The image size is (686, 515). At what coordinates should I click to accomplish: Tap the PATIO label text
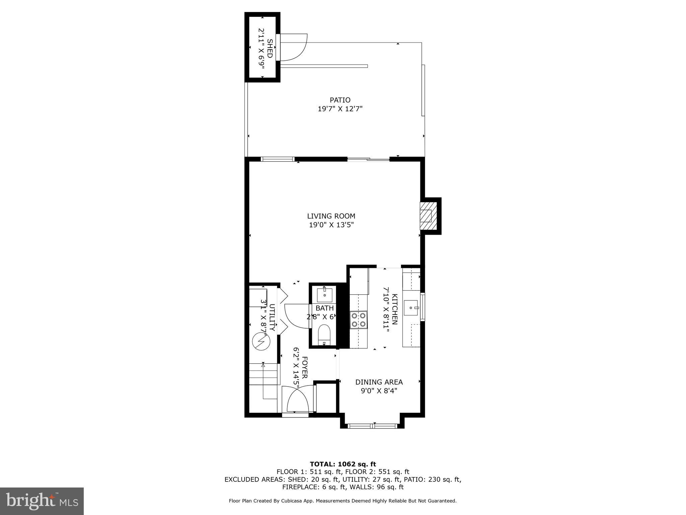340,100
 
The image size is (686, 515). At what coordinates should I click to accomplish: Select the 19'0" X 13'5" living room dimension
331,225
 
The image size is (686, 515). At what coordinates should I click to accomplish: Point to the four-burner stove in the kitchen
358,320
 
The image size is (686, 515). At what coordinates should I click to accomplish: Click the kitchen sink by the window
411,308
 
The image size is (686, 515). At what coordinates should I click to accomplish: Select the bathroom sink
325,294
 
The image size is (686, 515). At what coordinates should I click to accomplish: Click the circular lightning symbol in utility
261,342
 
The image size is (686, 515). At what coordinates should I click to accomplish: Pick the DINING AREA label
379,382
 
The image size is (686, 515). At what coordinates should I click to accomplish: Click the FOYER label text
304,367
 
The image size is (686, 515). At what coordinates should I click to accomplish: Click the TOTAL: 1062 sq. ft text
343,464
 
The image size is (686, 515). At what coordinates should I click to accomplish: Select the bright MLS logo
42,501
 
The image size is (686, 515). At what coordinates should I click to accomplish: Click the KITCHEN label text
395,309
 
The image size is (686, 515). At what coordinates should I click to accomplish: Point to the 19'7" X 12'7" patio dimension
340,109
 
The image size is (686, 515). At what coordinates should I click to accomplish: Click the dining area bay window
372,426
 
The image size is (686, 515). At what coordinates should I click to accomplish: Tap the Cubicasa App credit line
342,501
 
